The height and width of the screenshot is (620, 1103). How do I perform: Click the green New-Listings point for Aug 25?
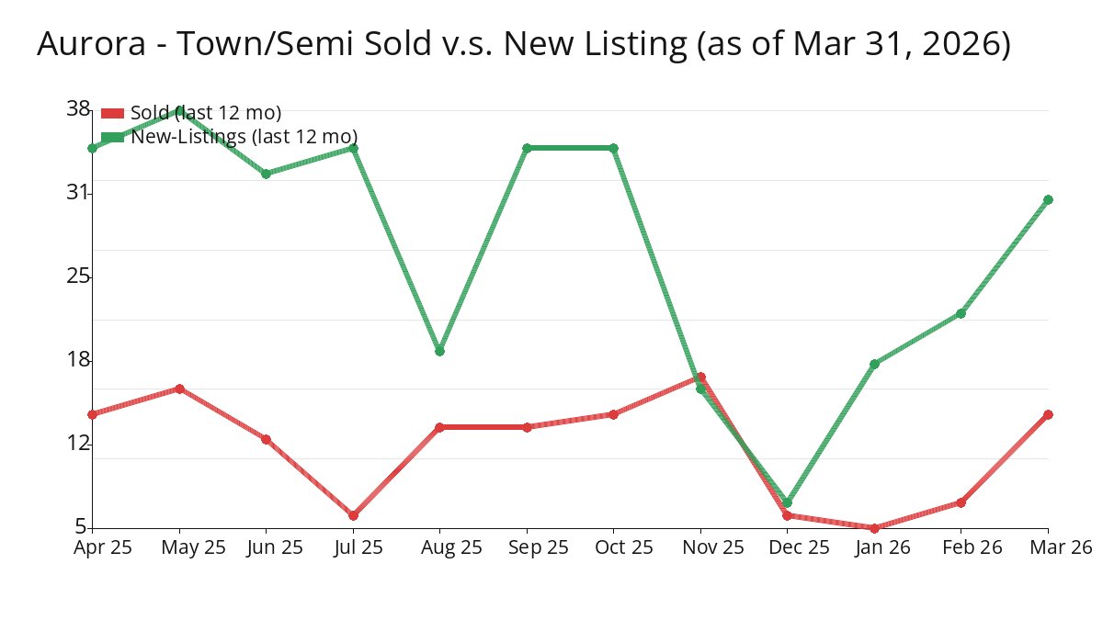tap(439, 351)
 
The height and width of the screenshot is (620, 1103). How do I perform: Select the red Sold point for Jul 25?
tap(353, 515)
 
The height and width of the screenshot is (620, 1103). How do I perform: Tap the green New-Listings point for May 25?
tap(179, 110)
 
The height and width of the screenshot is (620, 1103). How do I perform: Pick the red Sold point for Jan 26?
tap(874, 528)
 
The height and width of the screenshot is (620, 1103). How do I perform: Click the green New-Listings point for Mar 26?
tap(1048, 199)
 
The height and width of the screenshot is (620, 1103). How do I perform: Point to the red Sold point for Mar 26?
tap(1048, 414)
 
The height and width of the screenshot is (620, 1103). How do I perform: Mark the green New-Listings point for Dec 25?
tap(787, 502)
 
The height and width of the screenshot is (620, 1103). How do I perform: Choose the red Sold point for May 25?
tap(179, 389)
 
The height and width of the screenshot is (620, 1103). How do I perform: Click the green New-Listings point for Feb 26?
tap(961, 313)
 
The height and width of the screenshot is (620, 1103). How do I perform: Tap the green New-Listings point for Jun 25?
tap(266, 174)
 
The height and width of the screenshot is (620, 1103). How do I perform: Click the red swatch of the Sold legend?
tap(112, 113)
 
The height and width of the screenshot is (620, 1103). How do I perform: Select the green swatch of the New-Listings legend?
tap(112, 137)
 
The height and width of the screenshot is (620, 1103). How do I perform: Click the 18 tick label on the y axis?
tap(78, 359)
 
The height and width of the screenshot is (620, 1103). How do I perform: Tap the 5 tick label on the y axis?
tap(81, 527)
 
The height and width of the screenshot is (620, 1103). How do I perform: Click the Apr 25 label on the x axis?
tap(103, 547)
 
